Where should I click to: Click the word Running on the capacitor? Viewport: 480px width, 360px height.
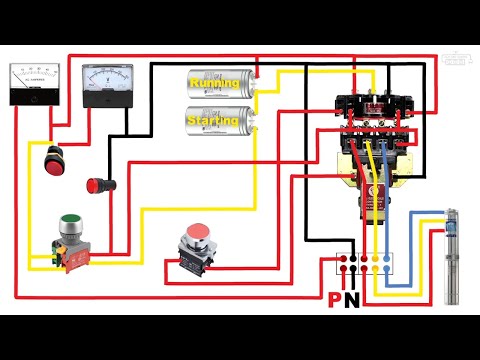(x=215, y=83)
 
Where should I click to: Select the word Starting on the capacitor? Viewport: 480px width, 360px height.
(x=215, y=120)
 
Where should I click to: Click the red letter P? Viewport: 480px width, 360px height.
(x=334, y=300)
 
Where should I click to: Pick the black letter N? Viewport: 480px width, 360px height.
(x=351, y=300)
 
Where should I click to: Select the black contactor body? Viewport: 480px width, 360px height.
(x=370, y=110)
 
